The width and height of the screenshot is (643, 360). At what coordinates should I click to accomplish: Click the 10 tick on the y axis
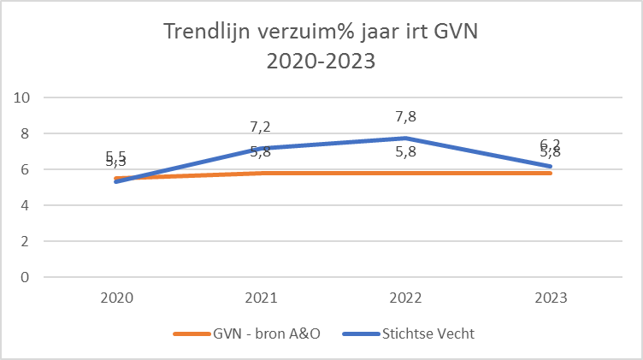point(23,97)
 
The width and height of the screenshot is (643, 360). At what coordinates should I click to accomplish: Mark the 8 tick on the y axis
point(27,133)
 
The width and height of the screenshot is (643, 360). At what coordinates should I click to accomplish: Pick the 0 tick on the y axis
point(27,277)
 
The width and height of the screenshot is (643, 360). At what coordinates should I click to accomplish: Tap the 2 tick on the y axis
point(27,241)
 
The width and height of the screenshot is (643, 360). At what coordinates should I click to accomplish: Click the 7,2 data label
point(261,127)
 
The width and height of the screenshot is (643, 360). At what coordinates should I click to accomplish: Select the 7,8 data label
point(406,117)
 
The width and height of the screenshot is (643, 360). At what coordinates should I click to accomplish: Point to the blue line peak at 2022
point(406,138)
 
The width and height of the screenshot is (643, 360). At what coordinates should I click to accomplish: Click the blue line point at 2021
point(261,148)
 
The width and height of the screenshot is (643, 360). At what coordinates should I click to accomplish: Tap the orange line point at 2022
point(406,173)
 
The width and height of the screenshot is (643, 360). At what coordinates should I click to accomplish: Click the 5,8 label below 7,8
point(406,153)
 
